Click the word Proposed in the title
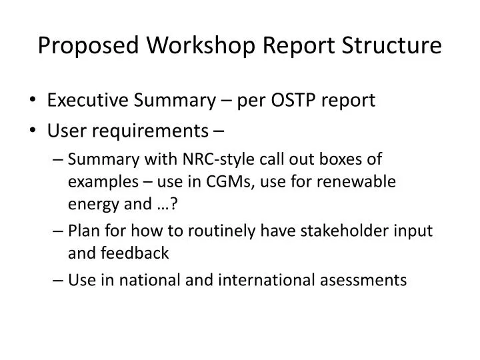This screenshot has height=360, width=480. point(89,45)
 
